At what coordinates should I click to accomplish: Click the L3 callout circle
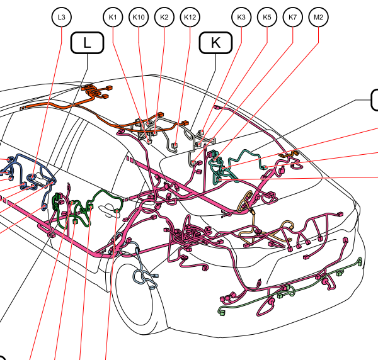62,17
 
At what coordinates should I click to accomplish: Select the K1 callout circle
113,17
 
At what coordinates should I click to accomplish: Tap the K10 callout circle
139,17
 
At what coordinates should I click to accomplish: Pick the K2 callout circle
164,17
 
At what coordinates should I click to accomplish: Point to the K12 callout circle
190,17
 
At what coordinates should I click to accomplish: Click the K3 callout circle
241,17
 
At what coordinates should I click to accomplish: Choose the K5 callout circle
267,17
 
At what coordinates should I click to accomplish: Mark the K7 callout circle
293,17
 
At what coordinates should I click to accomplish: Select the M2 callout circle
318,17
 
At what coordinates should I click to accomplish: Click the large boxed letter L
88,43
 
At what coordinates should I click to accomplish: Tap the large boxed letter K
215,43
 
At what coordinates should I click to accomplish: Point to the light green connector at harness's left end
222,312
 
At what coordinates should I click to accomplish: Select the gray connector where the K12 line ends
175,145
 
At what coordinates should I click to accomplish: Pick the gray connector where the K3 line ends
202,132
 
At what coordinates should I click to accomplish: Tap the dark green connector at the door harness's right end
117,211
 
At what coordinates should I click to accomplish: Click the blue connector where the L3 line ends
32,177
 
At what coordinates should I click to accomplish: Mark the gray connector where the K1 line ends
149,142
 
